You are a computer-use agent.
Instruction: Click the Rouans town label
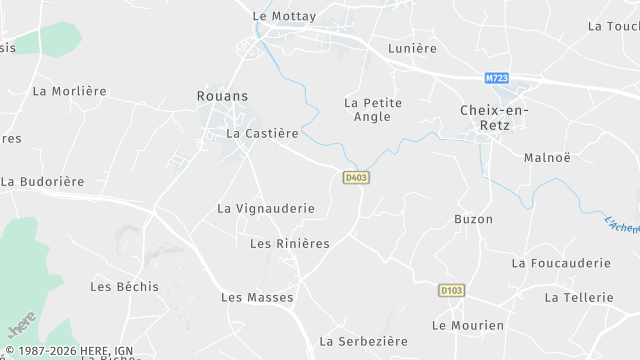[x=222, y=96]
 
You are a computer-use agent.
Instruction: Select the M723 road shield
[x=496, y=78]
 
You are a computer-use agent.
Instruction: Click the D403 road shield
[x=356, y=178]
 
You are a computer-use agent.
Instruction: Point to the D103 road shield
[x=451, y=291]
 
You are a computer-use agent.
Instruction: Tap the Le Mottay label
[x=284, y=16]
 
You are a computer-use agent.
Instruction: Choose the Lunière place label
[x=412, y=48]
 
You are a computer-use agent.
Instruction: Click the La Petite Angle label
[x=372, y=109]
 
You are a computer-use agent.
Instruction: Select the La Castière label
[x=262, y=133]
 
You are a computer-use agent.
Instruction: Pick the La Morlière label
[x=69, y=91]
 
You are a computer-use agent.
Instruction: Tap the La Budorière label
[x=42, y=182]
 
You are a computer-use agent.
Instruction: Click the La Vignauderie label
[x=266, y=209]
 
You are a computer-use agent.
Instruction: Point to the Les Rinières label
[x=289, y=243]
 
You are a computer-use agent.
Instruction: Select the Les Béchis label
[x=124, y=287]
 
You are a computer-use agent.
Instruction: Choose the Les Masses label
[x=257, y=297]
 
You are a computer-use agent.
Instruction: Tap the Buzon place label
[x=473, y=219]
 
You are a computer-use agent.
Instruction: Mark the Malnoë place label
[x=547, y=157]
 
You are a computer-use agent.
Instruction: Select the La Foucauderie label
[x=560, y=263]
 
